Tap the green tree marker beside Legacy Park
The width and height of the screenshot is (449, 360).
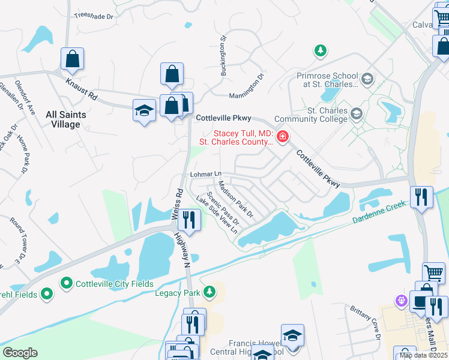click(x=209, y=292)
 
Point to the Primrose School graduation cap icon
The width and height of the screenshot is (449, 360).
click(x=367, y=79)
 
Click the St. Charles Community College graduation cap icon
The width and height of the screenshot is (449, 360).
click(x=357, y=114)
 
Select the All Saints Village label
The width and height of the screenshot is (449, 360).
click(x=66, y=119)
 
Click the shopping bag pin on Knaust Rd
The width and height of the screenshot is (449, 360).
click(x=72, y=59)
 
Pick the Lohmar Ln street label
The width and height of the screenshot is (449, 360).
click(x=202, y=174)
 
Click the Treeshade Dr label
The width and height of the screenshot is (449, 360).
click(x=94, y=16)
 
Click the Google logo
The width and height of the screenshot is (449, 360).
click(x=20, y=353)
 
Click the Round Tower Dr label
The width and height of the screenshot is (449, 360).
click(x=16, y=241)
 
